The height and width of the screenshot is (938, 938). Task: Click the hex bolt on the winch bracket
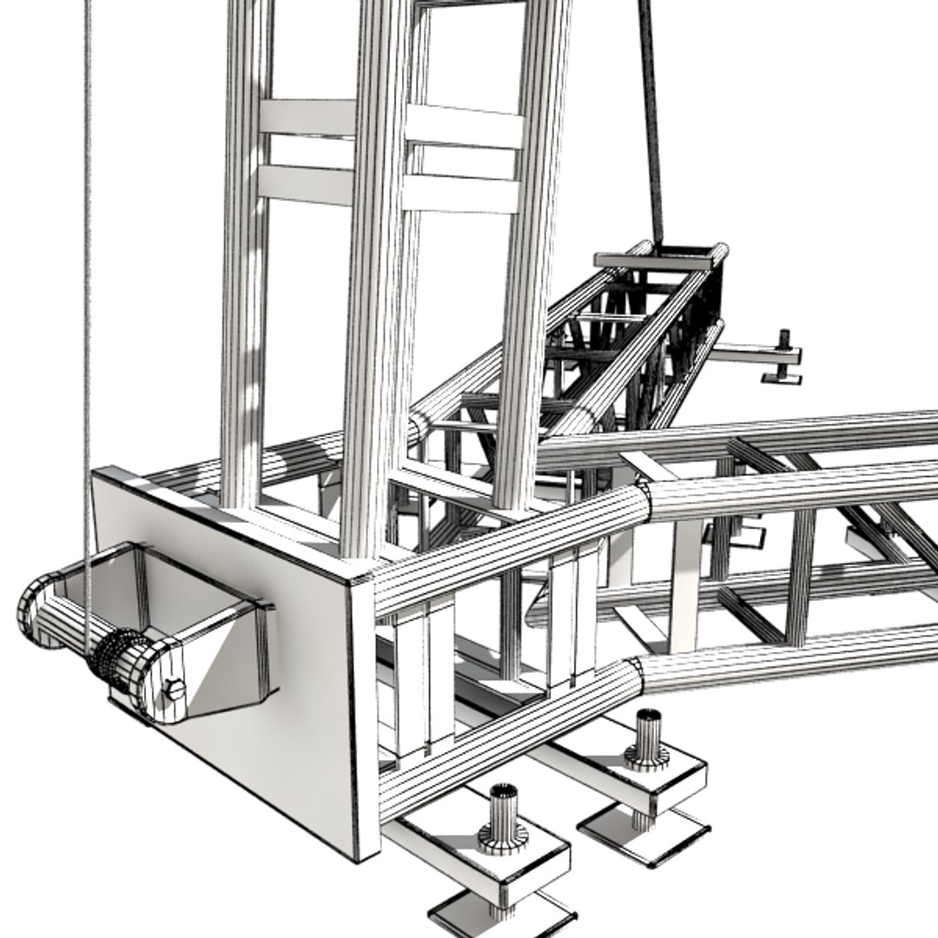click(x=174, y=690)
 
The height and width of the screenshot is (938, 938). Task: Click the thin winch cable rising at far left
click(x=86, y=261)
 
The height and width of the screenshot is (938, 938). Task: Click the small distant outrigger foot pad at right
click(x=782, y=375)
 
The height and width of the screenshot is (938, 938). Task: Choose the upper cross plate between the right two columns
click(x=464, y=127)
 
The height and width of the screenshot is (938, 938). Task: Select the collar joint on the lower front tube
click(x=637, y=673)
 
